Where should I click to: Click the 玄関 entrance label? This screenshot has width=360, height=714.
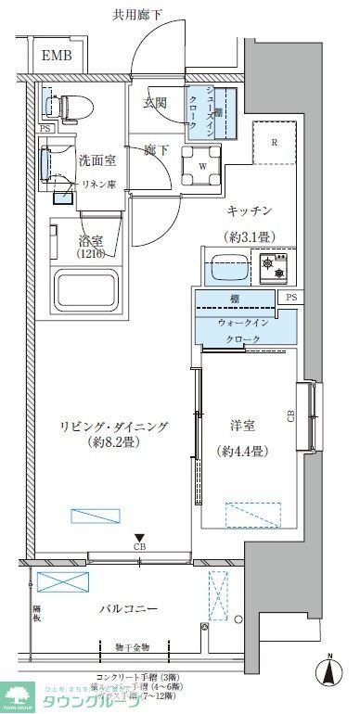(x=155, y=102)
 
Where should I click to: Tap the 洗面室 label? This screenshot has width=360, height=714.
(x=97, y=159)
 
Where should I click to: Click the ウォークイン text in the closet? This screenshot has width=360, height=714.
(x=242, y=322)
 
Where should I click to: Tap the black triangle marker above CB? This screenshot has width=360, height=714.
(x=139, y=536)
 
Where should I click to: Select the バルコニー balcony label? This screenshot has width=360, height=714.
(x=129, y=609)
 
